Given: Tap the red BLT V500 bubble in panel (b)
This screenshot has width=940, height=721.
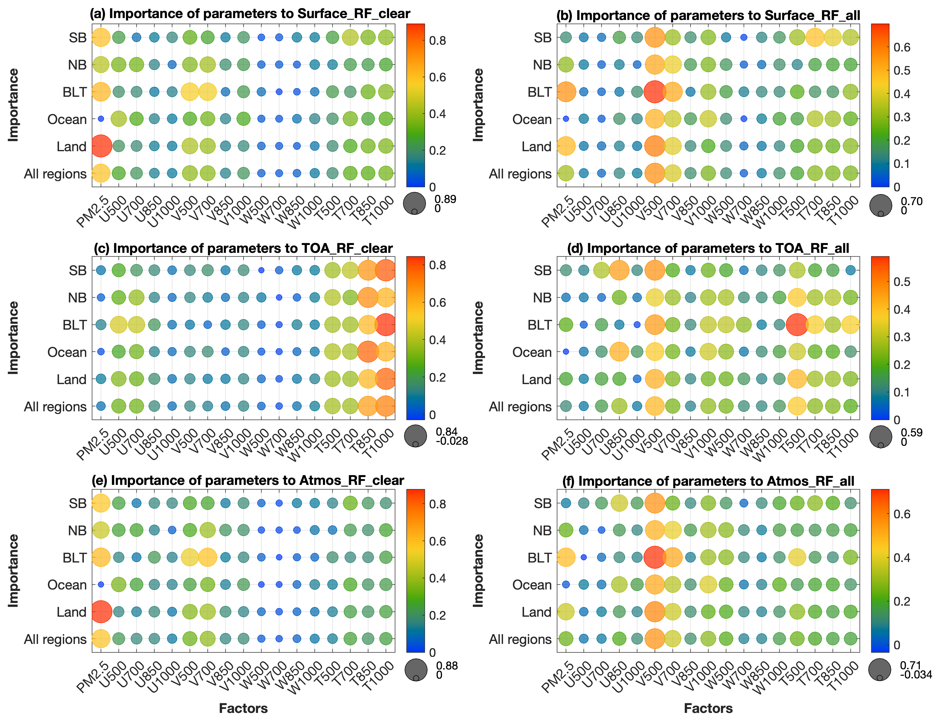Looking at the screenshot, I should click(x=654, y=92).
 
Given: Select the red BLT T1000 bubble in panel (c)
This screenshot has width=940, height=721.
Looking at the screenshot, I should click(x=385, y=325).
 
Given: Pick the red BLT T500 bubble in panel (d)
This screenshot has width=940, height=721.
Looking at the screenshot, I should click(x=797, y=325).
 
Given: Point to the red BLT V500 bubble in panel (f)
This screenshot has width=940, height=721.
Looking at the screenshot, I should click(x=654, y=557).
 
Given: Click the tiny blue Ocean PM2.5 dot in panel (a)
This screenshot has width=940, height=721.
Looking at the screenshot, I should click(x=101, y=119).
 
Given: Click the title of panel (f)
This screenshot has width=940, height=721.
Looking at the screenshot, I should click(x=708, y=481).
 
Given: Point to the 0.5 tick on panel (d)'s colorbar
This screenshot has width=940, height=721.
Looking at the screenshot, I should click(x=902, y=282).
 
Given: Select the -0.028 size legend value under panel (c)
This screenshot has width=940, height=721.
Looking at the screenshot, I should click(x=452, y=441).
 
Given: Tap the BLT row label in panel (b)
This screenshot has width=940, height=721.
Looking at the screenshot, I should click(x=539, y=92).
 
